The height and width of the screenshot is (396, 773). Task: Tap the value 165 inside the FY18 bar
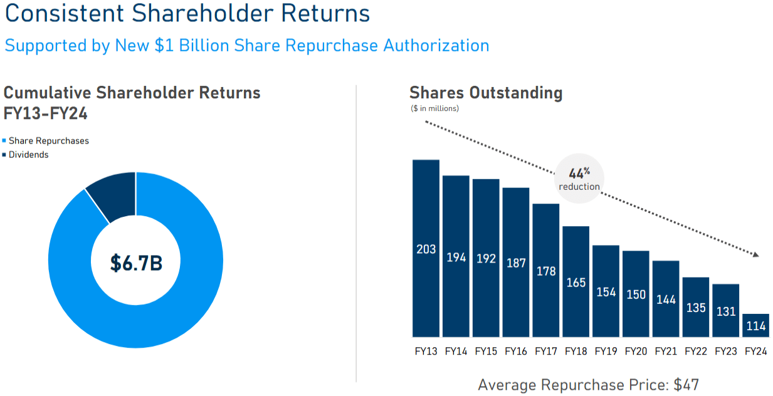pyautogui.click(x=576, y=283)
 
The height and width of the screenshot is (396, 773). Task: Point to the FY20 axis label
pyautogui.click(x=636, y=352)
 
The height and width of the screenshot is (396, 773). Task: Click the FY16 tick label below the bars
pyautogui.click(x=516, y=352)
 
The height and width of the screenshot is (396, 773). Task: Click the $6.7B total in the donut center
pyautogui.click(x=136, y=263)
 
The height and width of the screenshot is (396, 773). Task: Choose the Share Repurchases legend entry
pyautogui.click(x=48, y=141)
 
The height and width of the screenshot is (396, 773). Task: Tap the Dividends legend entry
pyautogui.click(x=28, y=155)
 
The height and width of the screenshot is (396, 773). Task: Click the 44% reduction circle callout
pyautogui.click(x=579, y=179)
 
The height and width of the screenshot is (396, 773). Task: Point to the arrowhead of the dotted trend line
pyautogui.click(x=756, y=255)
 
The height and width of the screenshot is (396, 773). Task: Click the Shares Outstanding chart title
pyautogui.click(x=486, y=93)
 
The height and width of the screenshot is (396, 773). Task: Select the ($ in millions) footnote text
pyautogui.click(x=434, y=109)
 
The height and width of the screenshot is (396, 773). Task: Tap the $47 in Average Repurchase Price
pyautogui.click(x=686, y=385)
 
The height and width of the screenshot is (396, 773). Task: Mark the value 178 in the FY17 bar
pyautogui.click(x=545, y=271)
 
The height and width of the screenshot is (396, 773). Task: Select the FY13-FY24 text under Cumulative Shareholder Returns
pyautogui.click(x=45, y=114)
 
